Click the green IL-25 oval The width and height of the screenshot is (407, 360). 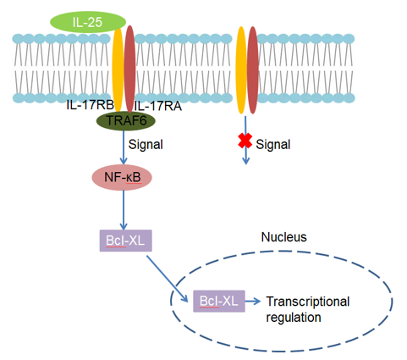point(88,22)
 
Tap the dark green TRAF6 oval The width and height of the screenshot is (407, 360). point(126,121)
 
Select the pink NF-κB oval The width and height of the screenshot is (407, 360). point(122,177)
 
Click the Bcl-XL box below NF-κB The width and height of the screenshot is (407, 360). point(126,241)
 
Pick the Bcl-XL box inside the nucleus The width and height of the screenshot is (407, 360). point(219,301)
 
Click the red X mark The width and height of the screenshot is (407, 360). point(245,141)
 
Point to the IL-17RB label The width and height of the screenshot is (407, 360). point(90,105)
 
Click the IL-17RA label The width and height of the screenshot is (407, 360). point(157,106)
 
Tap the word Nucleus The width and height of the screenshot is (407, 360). point(283,237)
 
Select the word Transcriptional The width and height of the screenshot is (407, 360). point(308,302)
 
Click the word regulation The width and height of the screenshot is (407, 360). point(294,317)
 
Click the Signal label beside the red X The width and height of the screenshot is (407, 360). point(272,144)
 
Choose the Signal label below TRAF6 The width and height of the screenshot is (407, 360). point(146,144)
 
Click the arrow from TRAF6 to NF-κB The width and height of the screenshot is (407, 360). point(124,147)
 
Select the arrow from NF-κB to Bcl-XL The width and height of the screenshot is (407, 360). point(124,210)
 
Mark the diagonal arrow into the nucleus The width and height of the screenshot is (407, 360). point(168,279)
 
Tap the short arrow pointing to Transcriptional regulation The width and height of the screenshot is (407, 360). point(253,301)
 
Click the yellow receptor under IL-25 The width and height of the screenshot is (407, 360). point(118,69)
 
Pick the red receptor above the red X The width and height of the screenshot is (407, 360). point(253,70)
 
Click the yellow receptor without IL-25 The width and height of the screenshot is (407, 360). point(241,70)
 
